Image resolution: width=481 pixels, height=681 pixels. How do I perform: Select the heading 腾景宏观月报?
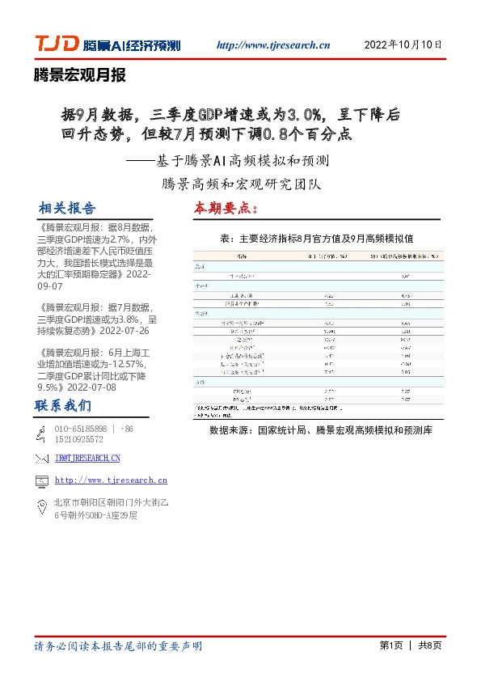(80, 76)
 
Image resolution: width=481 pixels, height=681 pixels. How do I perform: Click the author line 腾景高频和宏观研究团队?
(242, 184)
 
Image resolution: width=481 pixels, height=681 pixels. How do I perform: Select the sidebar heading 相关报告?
(67, 209)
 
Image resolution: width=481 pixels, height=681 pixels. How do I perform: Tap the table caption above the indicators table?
(316, 239)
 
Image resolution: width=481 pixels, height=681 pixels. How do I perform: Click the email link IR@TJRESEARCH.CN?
(87, 459)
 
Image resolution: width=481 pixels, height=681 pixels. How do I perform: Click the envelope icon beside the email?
(41, 459)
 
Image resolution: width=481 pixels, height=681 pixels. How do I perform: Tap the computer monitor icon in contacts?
(41, 481)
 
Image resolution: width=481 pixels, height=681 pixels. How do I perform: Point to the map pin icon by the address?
(41, 507)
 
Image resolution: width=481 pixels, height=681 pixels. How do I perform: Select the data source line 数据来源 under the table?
(320, 431)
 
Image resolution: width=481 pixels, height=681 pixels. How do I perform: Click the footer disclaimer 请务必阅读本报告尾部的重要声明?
(118, 646)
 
